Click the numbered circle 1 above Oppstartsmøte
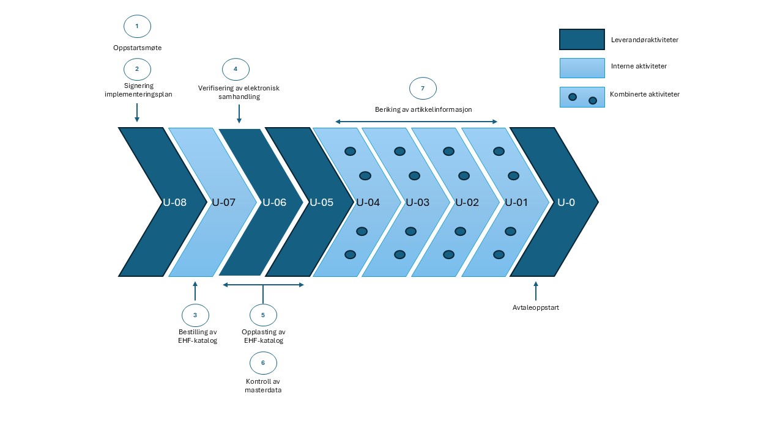point(137,26)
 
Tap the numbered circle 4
point(236,69)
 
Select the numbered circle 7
point(423,88)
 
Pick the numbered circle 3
point(195,315)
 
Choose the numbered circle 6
point(263,362)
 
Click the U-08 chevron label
point(174,202)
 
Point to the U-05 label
point(321,202)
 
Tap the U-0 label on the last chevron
point(566,202)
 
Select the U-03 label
point(418,202)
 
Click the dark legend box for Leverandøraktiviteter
point(582,40)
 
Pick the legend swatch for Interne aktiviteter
point(582,68)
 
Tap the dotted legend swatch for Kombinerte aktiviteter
point(582,97)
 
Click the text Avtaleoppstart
point(536,307)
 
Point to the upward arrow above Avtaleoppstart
point(536,290)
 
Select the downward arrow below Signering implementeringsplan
point(137,112)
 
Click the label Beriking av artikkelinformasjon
point(423,109)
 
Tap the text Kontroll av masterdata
point(263,386)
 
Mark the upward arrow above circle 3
point(195,290)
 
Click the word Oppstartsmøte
point(137,48)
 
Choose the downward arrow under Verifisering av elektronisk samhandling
point(239,113)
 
